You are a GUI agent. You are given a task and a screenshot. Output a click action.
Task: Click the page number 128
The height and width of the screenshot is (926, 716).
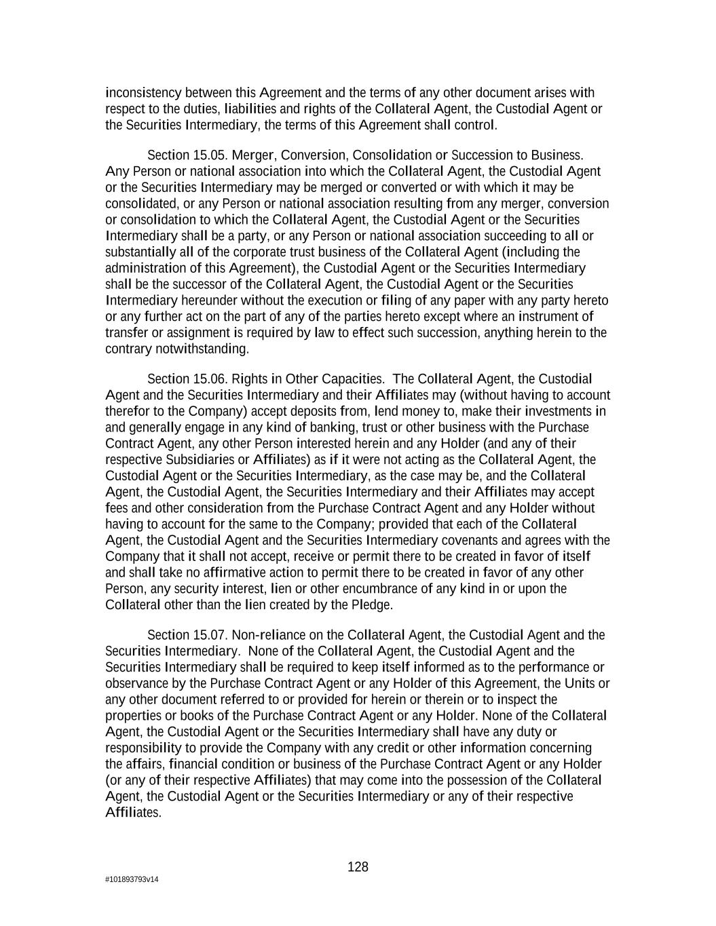pos(358,867)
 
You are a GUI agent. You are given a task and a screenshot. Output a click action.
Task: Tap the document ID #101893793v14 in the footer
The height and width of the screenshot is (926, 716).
pos(132,880)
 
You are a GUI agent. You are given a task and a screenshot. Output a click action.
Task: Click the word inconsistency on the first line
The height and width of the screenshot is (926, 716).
pos(143,93)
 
